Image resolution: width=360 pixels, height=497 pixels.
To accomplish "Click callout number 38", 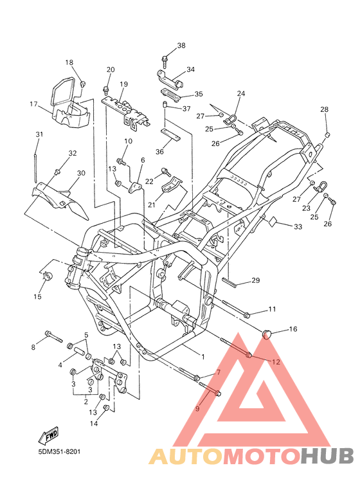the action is click(181, 46).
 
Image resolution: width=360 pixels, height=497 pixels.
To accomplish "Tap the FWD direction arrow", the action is click(48, 434).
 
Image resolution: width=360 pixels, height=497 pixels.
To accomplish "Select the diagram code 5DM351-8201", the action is click(59, 451).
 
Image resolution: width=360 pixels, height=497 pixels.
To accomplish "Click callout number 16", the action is click(293, 329).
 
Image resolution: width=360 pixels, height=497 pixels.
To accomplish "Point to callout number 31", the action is click(39, 134).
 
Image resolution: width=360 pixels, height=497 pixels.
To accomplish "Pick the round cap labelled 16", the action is click(267, 334).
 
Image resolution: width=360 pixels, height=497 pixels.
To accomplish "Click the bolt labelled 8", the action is click(54, 337).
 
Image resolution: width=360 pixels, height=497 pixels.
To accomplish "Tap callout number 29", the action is click(255, 280).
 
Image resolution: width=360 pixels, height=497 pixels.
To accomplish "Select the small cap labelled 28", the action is click(327, 135).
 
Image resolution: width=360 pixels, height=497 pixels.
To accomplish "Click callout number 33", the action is click(298, 226).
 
